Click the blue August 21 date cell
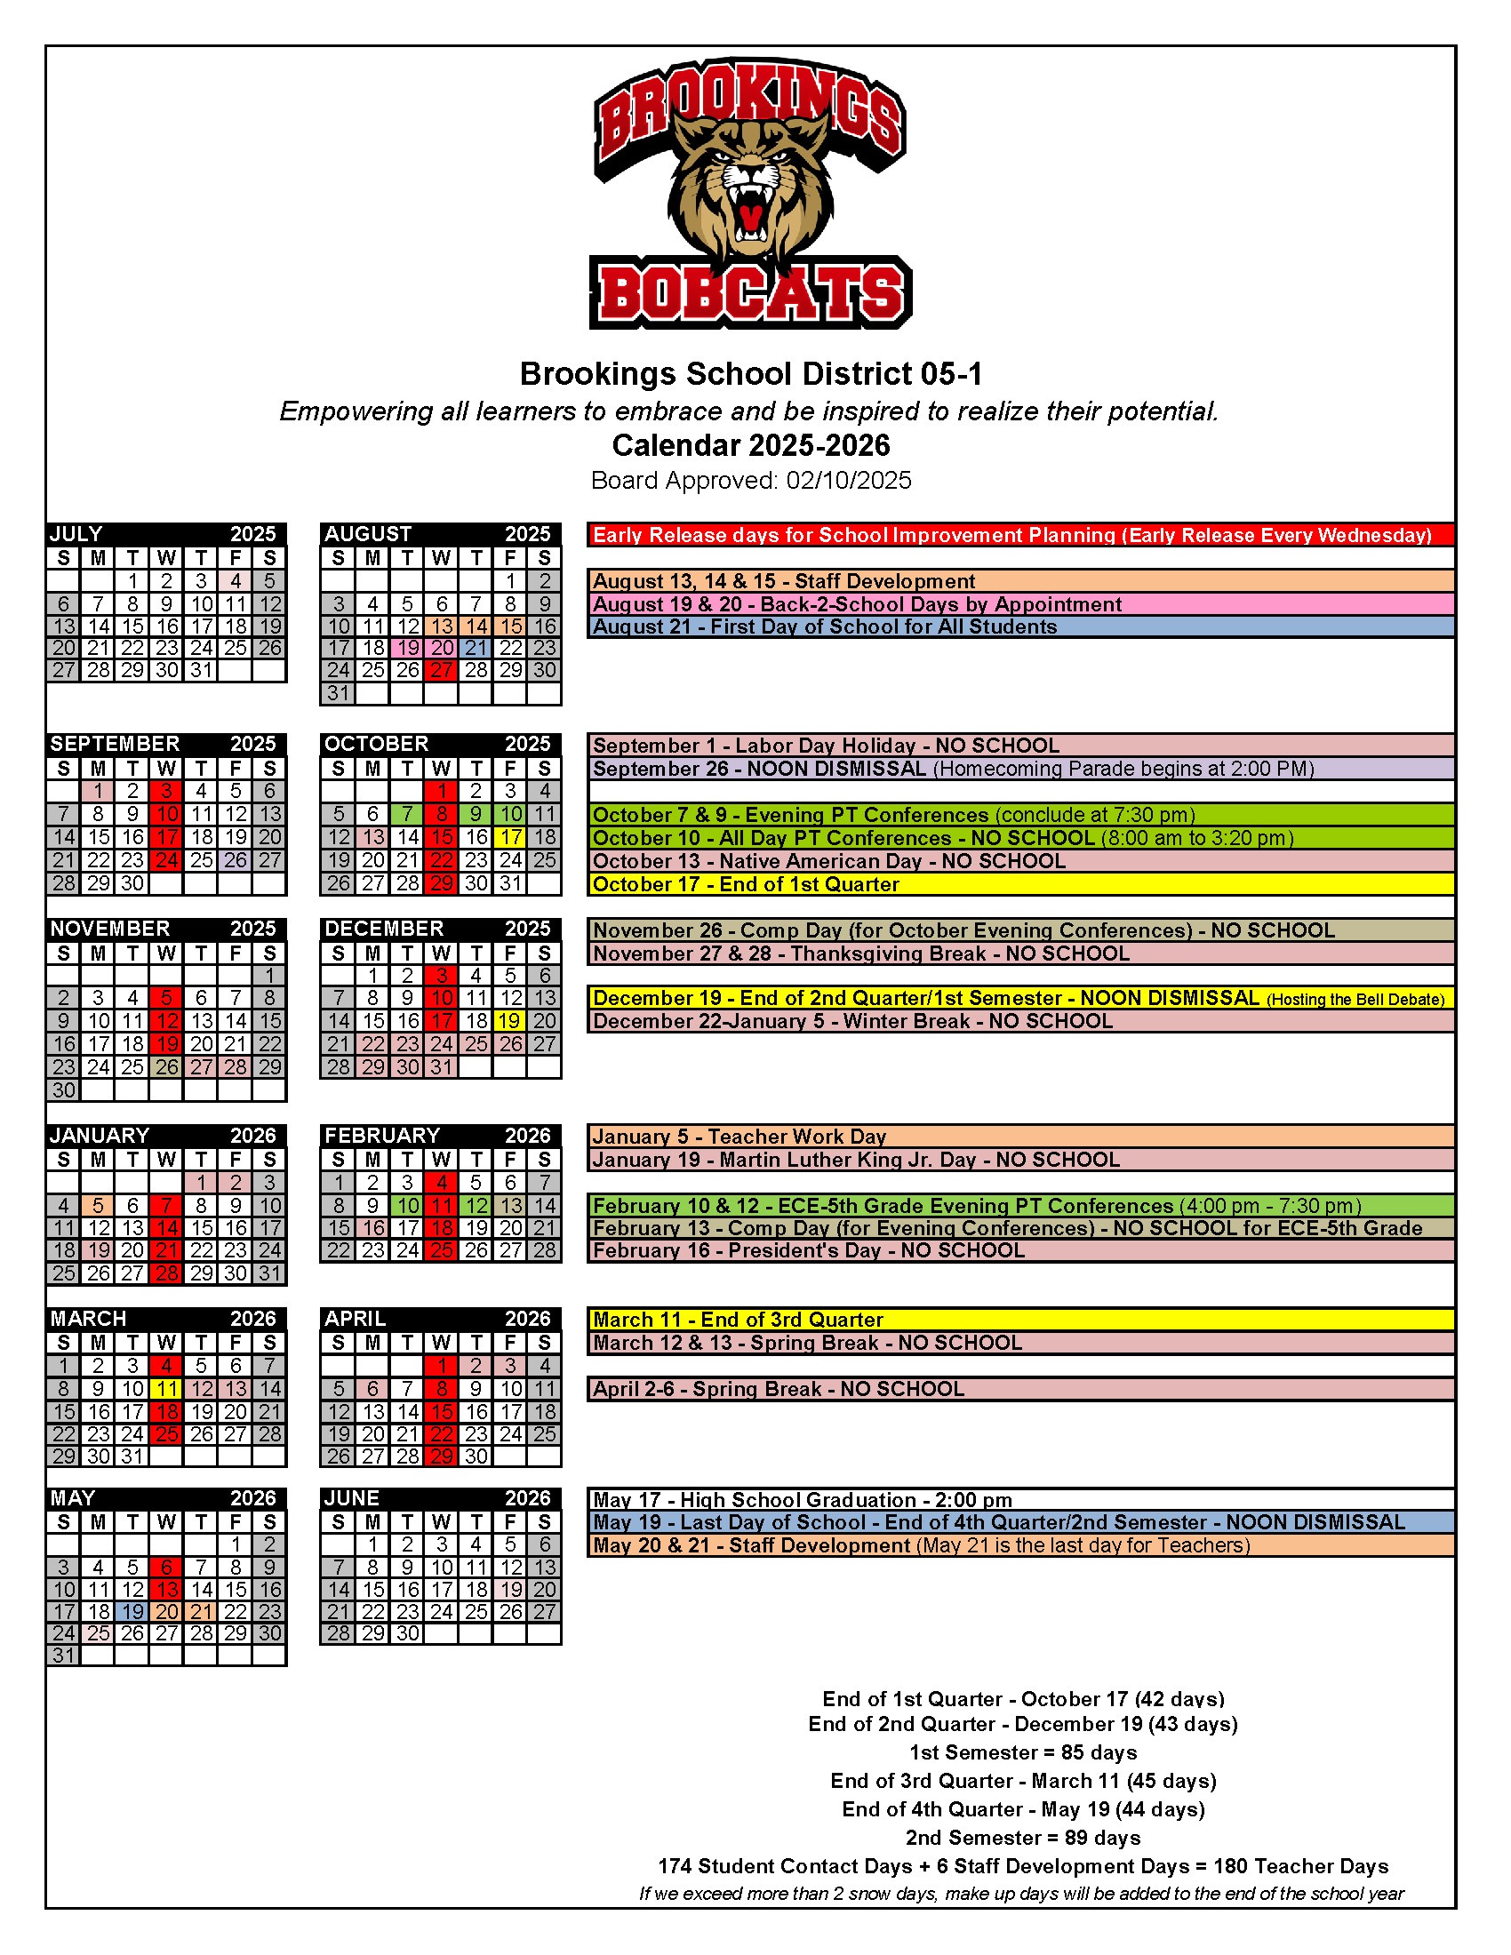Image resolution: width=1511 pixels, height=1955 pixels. tap(476, 647)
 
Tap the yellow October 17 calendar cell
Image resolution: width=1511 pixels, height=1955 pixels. tap(510, 837)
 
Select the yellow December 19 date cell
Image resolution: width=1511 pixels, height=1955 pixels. tap(510, 1020)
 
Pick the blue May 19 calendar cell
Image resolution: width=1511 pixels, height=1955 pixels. tap(132, 1611)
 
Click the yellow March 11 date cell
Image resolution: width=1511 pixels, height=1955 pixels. tap(166, 1388)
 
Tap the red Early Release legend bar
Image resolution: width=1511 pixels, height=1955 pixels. tap(1020, 535)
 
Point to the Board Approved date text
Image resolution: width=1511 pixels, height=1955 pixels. tap(750, 481)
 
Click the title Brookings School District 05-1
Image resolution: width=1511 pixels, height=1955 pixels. tap(750, 373)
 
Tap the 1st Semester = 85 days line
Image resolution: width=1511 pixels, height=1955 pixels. tap(1022, 1752)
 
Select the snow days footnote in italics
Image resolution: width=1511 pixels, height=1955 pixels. tap(1020, 1893)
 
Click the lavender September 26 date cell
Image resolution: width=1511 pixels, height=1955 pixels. tap(236, 860)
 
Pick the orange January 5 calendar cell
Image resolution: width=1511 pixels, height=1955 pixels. tap(99, 1206)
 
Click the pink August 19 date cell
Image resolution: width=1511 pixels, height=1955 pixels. tap(407, 647)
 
